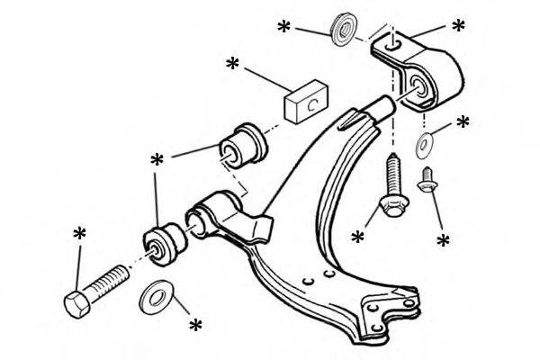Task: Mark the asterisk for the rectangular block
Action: (233, 65)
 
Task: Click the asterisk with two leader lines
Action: (157, 161)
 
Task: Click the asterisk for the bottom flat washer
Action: (193, 324)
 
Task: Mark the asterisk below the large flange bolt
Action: (358, 238)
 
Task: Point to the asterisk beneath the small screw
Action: (443, 241)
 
